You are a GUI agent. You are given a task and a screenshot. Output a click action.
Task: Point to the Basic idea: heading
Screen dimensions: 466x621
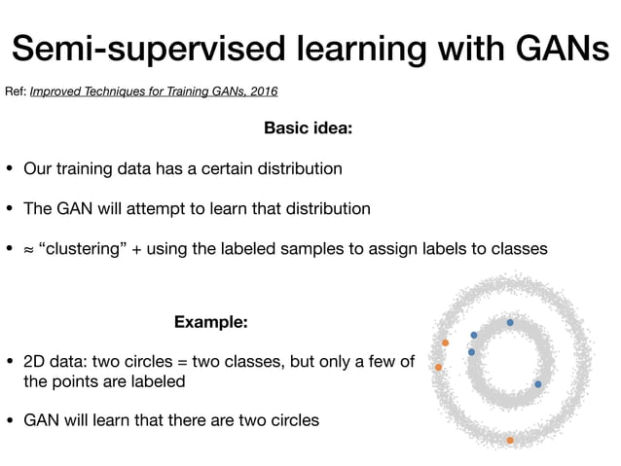(310, 127)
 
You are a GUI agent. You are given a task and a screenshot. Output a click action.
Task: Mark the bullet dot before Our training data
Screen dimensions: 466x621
(10, 169)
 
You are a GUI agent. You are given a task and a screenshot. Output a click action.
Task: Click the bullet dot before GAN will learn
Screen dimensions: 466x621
(10, 421)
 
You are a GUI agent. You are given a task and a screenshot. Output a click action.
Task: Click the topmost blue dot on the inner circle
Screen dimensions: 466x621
(510, 322)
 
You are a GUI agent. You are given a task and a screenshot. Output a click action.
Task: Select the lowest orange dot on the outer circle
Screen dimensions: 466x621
(510, 441)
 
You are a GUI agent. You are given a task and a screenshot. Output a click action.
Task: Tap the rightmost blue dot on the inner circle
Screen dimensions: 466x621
(538, 384)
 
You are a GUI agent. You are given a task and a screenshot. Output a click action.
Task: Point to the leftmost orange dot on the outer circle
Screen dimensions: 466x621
(439, 367)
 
